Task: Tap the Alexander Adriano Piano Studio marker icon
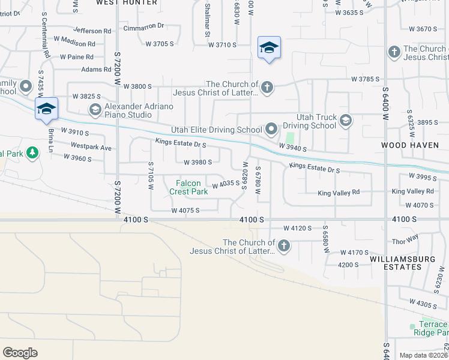[x=95, y=110]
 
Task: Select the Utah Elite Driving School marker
[x=271, y=129]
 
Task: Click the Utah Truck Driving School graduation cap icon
[x=345, y=121]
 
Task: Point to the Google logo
[x=20, y=352]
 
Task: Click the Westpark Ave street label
[x=91, y=146]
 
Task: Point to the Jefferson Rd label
[x=92, y=30]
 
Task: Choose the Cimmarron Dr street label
[x=143, y=26]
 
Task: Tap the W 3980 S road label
[x=197, y=162]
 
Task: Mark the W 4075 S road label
[x=185, y=211]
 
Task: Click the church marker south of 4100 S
[x=284, y=245]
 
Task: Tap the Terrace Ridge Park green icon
[x=413, y=327]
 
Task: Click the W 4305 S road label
[x=424, y=304]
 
